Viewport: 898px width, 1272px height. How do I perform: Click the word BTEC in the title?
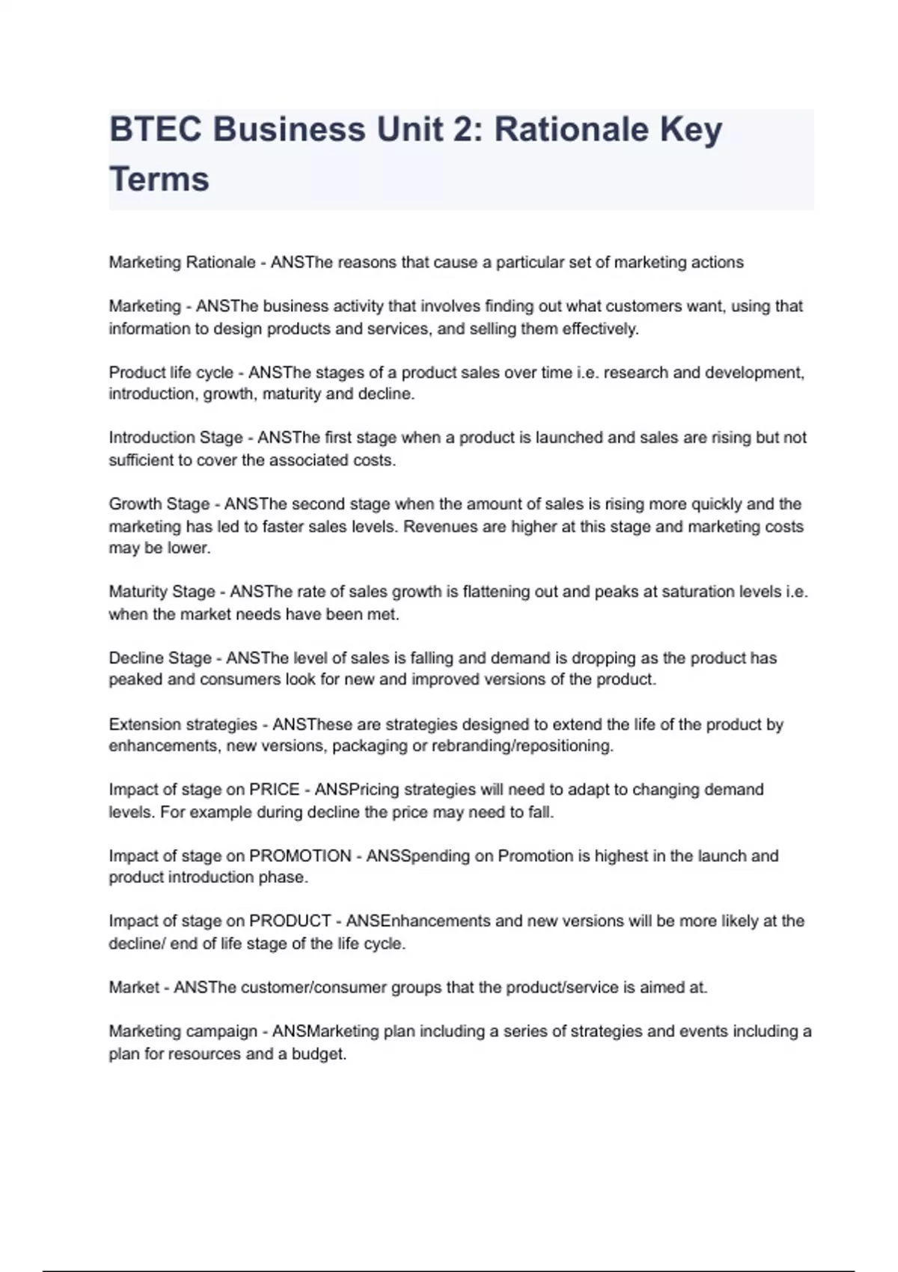pos(155,130)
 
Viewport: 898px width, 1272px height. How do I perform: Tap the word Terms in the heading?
pos(159,180)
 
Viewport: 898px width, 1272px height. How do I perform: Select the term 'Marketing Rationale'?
pos(182,263)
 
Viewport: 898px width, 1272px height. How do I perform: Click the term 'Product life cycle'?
pos(171,373)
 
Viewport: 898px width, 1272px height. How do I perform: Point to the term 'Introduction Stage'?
pos(176,438)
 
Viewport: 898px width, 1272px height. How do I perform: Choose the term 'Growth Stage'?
pos(159,504)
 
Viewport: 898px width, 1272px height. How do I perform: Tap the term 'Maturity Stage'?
pos(162,592)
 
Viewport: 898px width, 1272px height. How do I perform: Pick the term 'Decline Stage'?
pos(160,658)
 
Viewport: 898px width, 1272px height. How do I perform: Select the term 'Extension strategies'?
pos(183,724)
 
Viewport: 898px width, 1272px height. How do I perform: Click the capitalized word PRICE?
pos(274,790)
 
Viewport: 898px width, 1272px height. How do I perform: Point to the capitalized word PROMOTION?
pos(299,856)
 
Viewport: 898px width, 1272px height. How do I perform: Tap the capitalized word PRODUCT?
pos(290,921)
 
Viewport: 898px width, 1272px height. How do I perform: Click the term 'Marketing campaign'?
pos(183,1032)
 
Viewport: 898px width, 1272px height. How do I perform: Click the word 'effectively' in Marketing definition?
pos(599,329)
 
